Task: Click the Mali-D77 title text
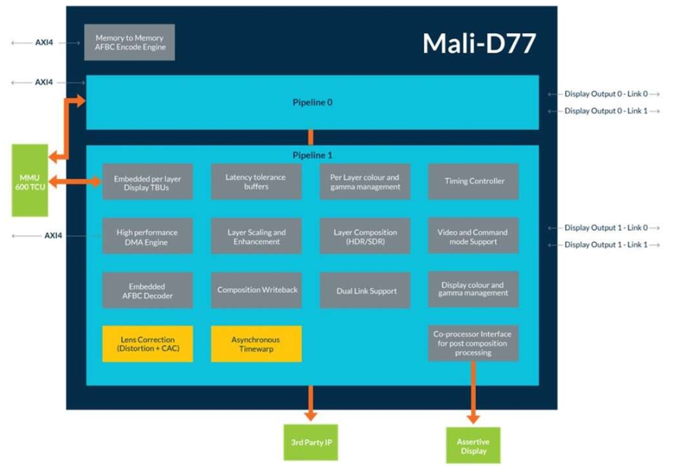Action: (480, 43)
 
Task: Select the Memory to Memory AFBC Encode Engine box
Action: (129, 43)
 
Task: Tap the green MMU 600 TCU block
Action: (30, 180)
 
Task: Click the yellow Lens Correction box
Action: (147, 344)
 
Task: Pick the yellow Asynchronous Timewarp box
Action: (256, 344)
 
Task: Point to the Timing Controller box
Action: (473, 181)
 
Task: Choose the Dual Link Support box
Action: (365, 290)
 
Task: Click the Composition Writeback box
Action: (256, 290)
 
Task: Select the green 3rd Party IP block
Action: (311, 442)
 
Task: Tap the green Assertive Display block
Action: (473, 445)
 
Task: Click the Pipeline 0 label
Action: (313, 102)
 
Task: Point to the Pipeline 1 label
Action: (313, 155)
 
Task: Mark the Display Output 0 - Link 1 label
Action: (606, 111)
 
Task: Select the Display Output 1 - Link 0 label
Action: (606, 227)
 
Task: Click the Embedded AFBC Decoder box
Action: (147, 290)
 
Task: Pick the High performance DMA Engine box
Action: (147, 236)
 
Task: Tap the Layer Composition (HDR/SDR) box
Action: (365, 236)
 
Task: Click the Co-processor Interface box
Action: (473, 343)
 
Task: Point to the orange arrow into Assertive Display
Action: (473, 393)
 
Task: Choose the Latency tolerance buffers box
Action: (256, 181)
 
